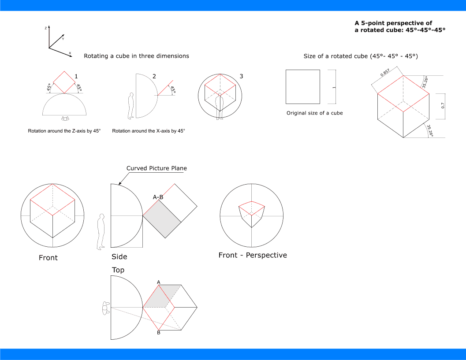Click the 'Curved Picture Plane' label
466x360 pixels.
157,168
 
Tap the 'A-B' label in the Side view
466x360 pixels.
158,197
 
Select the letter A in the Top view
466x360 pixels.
158,282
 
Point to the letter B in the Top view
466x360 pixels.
158,333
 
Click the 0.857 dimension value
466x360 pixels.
385,72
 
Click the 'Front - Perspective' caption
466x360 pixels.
253,255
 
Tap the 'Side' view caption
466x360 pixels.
119,257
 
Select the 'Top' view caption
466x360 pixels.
118,270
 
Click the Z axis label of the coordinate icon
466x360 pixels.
46,28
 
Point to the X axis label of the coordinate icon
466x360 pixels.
70,53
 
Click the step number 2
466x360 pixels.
154,76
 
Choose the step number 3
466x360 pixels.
241,76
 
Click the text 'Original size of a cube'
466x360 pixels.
314,113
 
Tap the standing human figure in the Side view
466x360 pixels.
101,231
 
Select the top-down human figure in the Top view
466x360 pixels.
106,307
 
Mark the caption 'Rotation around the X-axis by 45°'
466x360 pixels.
149,131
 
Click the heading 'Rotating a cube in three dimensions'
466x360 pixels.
136,56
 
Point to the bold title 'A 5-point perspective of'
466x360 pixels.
393,23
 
